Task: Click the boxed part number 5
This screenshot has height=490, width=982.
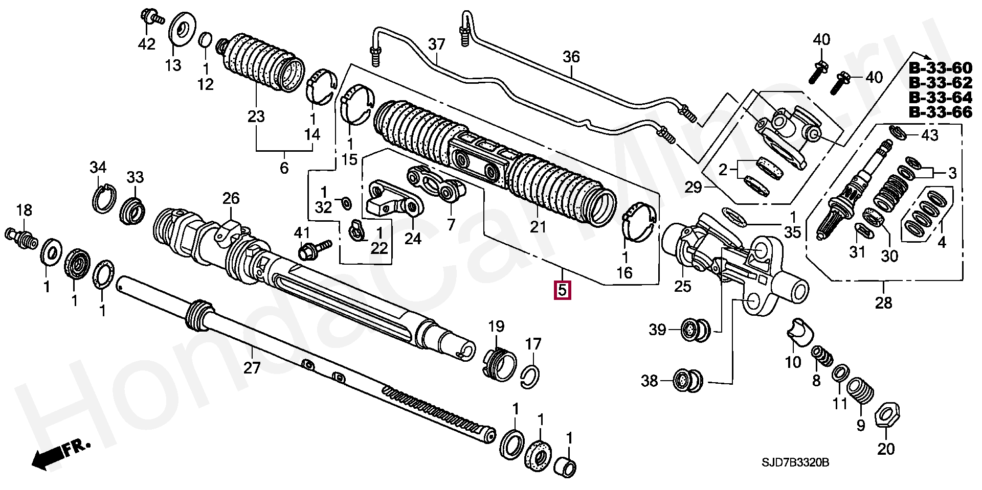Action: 562,290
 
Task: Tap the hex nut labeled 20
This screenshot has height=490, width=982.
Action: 887,414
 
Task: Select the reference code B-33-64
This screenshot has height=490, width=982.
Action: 940,98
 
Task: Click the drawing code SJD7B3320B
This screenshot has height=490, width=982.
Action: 795,463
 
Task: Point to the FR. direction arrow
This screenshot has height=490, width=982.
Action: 60,454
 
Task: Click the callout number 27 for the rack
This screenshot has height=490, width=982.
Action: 252,367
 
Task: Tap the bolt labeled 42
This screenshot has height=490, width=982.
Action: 151,17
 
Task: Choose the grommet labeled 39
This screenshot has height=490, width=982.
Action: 696,330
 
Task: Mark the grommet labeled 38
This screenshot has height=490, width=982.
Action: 688,380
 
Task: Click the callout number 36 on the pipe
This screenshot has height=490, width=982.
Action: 571,57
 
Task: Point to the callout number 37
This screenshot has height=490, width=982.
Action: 437,44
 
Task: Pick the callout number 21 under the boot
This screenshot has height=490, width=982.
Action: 538,226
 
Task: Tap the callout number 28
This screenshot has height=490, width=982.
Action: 884,303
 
